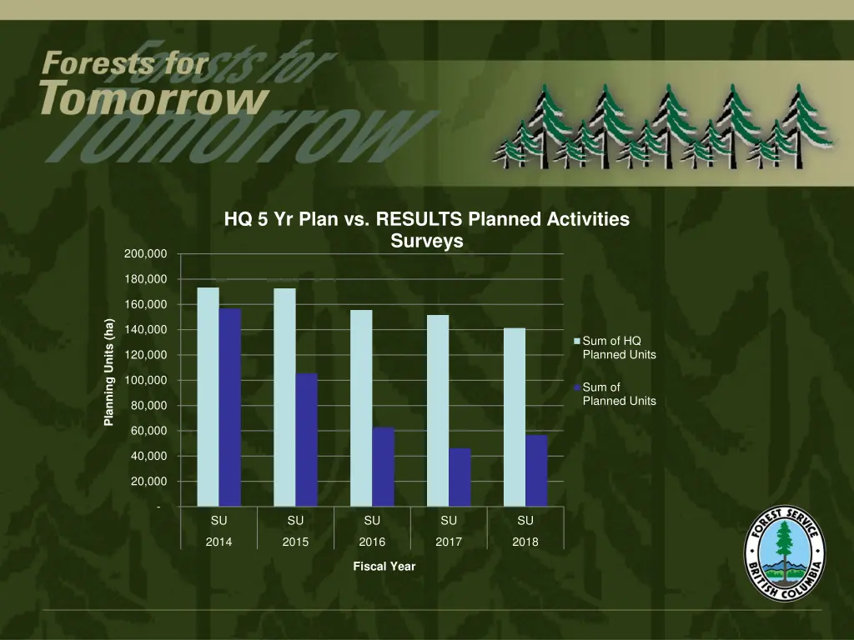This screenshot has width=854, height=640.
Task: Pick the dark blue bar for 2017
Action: point(460,477)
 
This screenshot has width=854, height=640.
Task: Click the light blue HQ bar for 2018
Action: point(515,417)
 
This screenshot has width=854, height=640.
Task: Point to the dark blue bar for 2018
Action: point(536,471)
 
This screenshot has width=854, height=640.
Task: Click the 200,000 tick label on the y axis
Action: point(146,254)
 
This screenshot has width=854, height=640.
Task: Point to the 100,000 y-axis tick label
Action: point(146,381)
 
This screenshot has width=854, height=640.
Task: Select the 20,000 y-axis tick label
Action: point(148,482)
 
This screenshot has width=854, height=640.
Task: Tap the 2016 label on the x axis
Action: point(372,542)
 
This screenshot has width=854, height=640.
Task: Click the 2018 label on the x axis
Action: point(525,542)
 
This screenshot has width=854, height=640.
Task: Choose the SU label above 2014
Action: point(219,521)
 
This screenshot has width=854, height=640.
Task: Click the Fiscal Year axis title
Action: point(384,567)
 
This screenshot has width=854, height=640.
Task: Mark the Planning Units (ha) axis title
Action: point(108,372)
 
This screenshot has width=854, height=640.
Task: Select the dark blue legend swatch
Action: point(577,387)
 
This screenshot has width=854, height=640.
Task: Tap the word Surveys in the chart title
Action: point(426,242)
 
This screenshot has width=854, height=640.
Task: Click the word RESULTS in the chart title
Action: point(420,220)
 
